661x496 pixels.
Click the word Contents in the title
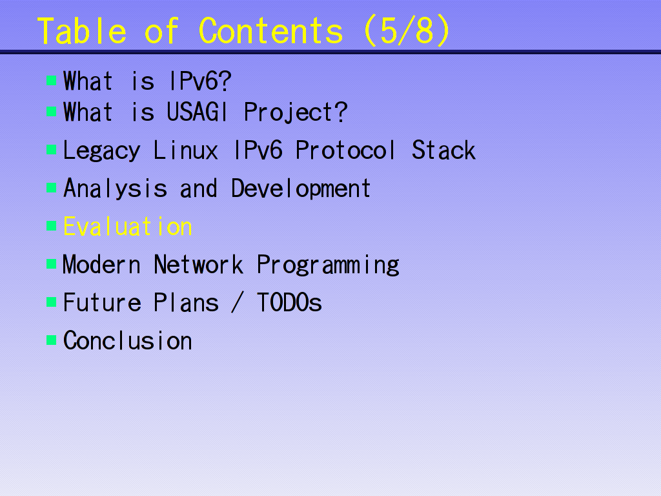point(270,31)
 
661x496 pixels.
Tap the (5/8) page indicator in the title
point(407,31)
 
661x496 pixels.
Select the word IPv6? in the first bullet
point(200,81)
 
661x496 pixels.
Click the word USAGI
point(198,112)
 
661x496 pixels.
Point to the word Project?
point(296,113)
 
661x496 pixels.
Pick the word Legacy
point(101,150)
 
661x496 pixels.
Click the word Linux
point(186,150)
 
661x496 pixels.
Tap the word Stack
point(443,150)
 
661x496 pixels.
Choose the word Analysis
point(115,188)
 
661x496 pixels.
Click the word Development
point(301,188)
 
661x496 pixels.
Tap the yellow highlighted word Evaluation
point(128,227)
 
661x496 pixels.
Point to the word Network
point(198,264)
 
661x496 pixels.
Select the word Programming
point(328,265)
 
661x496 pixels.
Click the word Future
point(102,302)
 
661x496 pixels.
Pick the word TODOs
point(289,302)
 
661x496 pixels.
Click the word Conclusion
point(128,340)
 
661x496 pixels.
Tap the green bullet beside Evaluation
point(52,225)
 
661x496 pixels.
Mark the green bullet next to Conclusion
point(52,340)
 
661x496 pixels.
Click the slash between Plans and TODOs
point(238,302)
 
